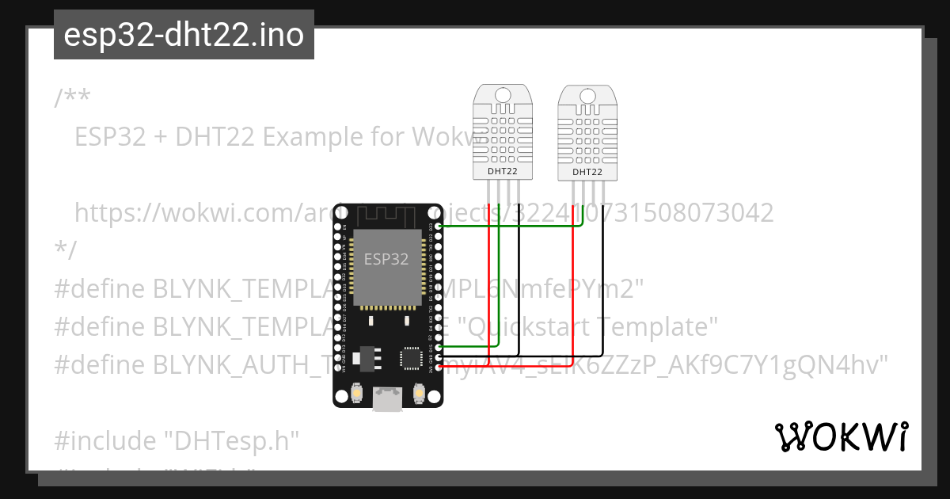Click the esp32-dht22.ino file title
(184, 35)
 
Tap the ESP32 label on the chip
(386, 259)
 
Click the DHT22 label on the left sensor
(503, 170)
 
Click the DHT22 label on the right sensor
(587, 172)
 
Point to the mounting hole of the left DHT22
(503, 96)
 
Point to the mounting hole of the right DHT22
(587, 97)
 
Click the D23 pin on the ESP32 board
(438, 227)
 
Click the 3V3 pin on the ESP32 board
(438, 368)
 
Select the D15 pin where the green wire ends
(438, 348)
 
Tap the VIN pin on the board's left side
(337, 368)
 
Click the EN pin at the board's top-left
(337, 227)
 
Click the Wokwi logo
(841, 436)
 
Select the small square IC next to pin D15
(412, 356)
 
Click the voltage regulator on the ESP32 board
(364, 358)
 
